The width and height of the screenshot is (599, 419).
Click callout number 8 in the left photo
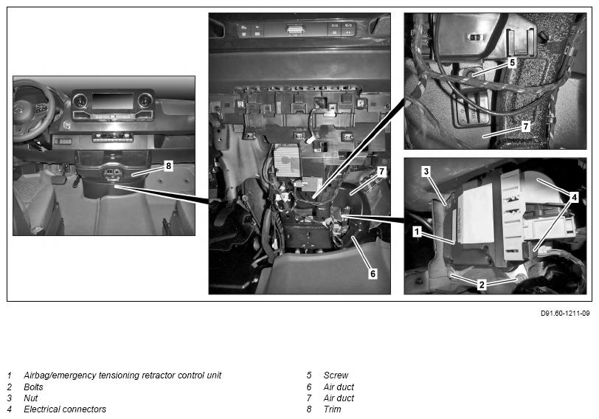pos(168,166)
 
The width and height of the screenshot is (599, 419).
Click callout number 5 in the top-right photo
pos(512,62)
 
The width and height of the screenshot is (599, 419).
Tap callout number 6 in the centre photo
pos(373,274)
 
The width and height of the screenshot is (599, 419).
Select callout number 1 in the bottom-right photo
pos(418,232)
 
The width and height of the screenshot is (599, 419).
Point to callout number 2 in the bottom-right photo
pos(482,285)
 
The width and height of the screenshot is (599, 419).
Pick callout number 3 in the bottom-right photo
pos(426,171)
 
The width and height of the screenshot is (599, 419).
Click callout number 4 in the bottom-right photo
pos(574,197)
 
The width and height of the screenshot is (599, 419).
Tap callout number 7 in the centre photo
pos(381,171)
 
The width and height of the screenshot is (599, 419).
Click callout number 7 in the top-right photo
pos(526,126)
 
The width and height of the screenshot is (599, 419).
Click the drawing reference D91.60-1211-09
pos(565,314)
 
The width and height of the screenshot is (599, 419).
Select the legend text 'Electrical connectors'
pos(65,409)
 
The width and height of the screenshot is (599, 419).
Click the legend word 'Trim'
pos(333,409)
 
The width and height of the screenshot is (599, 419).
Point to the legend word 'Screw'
pos(336,375)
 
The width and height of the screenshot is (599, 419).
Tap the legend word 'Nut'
pos(30,398)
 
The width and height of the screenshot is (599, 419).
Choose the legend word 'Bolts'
pos(33,387)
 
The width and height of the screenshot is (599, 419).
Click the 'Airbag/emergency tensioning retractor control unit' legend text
pos(122,375)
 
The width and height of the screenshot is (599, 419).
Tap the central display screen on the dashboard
pos(113,101)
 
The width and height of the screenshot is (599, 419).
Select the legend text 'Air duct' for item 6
pos(339,387)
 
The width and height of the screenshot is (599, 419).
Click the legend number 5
pos(309,375)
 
